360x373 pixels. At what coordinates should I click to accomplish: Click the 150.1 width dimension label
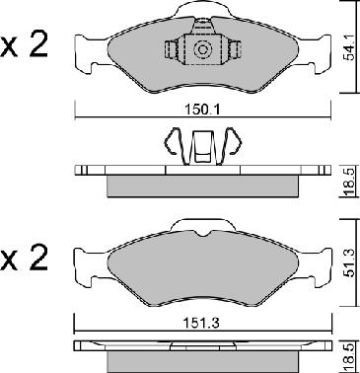click(202, 110)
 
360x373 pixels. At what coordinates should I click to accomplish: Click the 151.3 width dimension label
click(201, 324)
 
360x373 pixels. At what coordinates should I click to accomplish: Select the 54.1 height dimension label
click(348, 48)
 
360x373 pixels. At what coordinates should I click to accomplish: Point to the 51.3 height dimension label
click(349, 262)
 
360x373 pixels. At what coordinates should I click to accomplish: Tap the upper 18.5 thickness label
click(350, 182)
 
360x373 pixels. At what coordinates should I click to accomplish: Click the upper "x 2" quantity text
click(25, 45)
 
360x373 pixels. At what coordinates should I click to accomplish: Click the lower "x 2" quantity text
click(25, 259)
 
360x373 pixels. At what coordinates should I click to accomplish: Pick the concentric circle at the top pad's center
click(201, 49)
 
